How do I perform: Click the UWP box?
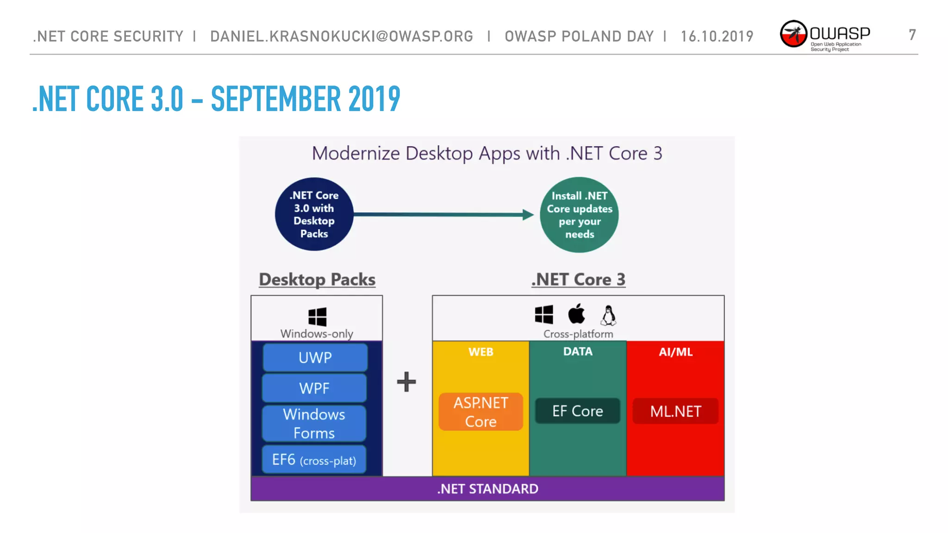[x=315, y=357]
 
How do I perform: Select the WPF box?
[x=314, y=388]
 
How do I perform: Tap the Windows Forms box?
[x=314, y=423]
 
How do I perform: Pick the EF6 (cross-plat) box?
[x=314, y=460]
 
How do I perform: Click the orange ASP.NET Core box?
[x=480, y=412]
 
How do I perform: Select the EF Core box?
[x=577, y=411]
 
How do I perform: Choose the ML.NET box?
[x=675, y=411]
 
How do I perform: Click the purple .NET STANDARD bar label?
[x=487, y=489]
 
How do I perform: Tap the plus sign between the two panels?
[x=406, y=382]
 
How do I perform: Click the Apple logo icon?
[x=576, y=314]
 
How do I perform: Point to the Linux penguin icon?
[x=608, y=315]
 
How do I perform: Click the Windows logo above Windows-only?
[x=317, y=317]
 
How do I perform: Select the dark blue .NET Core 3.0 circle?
[x=314, y=214]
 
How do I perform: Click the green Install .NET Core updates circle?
[x=579, y=215]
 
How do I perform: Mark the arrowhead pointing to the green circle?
[x=528, y=215]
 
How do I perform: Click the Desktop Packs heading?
[x=317, y=279]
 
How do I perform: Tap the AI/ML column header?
[x=675, y=352]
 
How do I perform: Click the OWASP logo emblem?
[x=793, y=34]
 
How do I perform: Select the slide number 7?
[x=912, y=35]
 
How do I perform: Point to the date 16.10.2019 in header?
[x=717, y=36]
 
